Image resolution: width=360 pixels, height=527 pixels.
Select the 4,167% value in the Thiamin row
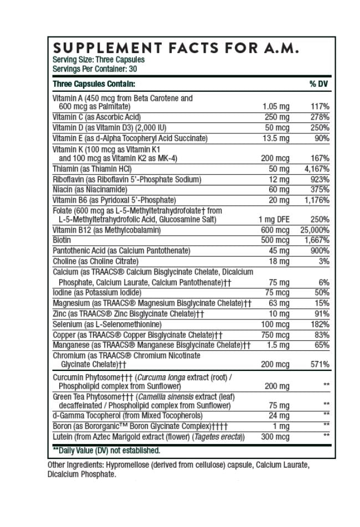point(317,169)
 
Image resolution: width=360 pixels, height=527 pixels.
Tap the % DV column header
point(319,84)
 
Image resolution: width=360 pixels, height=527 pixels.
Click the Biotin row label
point(61,240)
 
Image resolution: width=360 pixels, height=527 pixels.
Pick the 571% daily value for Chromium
point(320,364)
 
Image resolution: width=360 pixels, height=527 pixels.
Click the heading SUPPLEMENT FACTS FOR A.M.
point(176,48)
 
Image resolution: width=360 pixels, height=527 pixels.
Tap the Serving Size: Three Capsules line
point(99,60)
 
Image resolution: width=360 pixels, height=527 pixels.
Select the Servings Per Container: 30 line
point(95,69)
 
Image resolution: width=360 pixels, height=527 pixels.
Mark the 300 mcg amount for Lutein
point(275,437)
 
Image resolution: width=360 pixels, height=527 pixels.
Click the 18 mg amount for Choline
point(279,261)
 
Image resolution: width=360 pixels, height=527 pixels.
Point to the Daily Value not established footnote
point(106,451)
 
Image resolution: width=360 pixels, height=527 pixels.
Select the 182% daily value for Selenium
point(320,324)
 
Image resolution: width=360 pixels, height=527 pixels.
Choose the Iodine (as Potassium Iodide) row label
point(97,293)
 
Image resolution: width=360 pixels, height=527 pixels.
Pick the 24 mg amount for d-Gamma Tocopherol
point(279,416)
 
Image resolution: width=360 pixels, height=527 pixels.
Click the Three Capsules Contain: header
point(94,84)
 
